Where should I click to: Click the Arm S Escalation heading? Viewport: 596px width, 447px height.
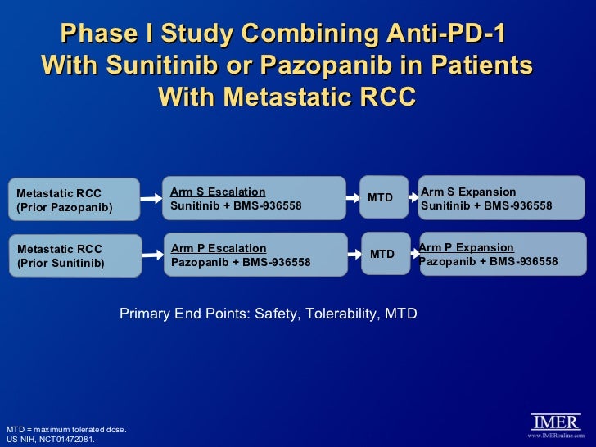pyautogui.click(x=218, y=192)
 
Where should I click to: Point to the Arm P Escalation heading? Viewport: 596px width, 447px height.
pyautogui.click(x=219, y=247)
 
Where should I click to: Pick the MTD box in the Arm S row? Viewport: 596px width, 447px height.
pyautogui.click(x=382, y=197)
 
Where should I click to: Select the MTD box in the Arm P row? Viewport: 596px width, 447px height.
pyautogui.click(x=383, y=254)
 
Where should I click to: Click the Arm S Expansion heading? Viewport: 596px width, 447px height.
pyautogui.click(x=468, y=192)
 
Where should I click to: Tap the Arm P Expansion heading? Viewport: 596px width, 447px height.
pyautogui.click(x=467, y=247)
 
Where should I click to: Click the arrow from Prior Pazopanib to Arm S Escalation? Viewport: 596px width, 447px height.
pyautogui.click(x=151, y=198)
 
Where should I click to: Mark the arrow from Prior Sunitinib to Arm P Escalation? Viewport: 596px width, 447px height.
pyautogui.click(x=151, y=254)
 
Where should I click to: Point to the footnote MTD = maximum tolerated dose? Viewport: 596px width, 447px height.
pyautogui.click(x=66, y=429)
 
